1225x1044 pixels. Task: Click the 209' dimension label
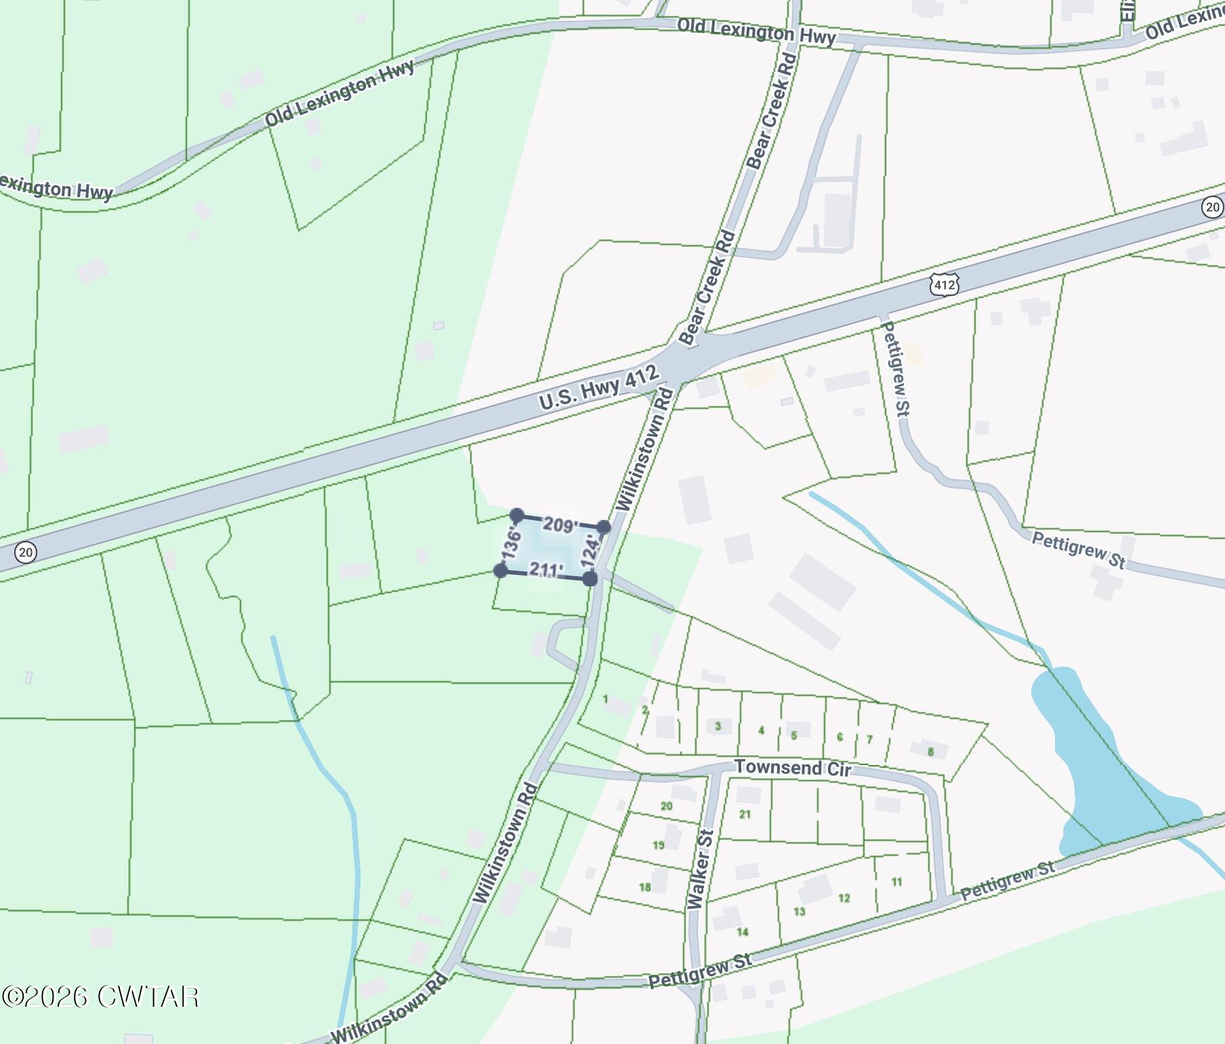[560, 525]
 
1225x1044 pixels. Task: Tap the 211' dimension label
[545, 570]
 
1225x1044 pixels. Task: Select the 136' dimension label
[512, 543]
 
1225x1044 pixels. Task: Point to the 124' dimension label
[591, 552]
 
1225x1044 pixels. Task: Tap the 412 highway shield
[944, 285]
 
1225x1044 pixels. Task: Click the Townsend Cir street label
[793, 768]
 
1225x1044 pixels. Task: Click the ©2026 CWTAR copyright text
[100, 997]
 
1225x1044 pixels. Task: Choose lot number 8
[931, 752]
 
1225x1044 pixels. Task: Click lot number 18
[644, 887]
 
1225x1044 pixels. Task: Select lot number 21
[745, 814]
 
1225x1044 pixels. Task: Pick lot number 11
[896, 882]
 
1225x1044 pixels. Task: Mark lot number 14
[743, 932]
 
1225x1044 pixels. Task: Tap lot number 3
[718, 726]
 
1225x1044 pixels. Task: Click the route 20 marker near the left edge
[25, 552]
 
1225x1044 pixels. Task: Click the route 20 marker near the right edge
[1213, 207]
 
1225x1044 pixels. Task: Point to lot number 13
[800, 911]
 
